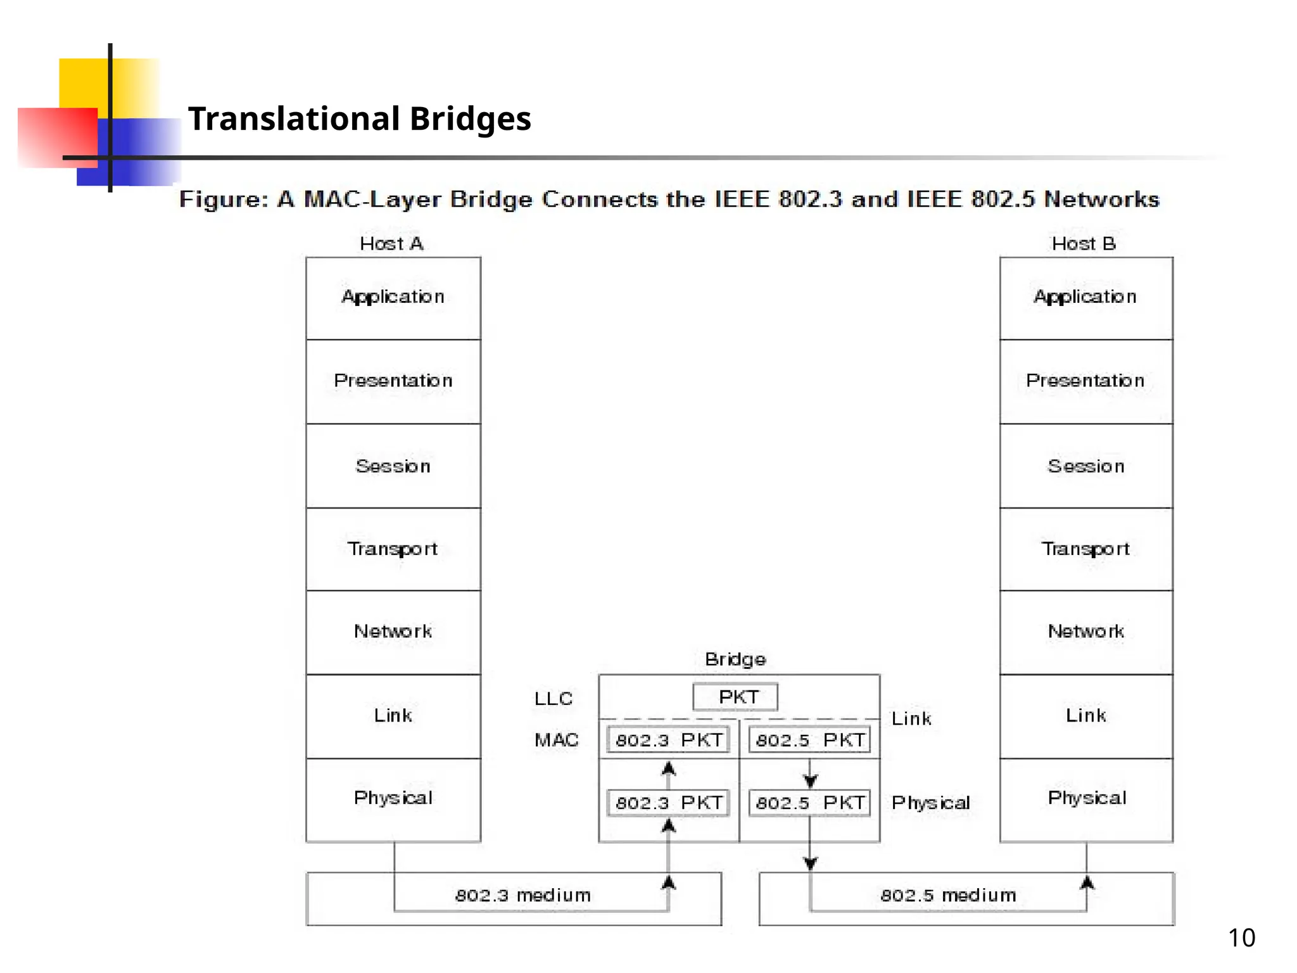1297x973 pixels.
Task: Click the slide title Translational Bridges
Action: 359,118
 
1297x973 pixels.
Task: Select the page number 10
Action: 1241,938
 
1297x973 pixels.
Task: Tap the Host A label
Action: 391,244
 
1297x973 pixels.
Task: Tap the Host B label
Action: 1083,244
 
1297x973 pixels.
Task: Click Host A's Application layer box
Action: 393,298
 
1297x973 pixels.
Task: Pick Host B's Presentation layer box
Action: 1085,381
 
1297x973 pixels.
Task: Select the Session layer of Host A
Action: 393,466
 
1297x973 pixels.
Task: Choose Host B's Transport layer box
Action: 1085,549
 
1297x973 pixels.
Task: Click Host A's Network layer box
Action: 393,632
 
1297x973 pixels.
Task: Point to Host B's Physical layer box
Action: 1085,799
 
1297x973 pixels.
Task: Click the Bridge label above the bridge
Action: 735,659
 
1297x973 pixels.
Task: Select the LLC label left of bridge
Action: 553,699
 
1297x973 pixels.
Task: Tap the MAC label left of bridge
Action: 556,740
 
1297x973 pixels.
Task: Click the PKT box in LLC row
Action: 735,697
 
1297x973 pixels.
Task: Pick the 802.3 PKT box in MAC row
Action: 668,740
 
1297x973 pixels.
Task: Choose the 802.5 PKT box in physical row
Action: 809,803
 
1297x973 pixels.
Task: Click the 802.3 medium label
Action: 522,895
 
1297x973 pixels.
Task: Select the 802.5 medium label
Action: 947,895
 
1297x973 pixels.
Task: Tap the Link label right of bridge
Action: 911,719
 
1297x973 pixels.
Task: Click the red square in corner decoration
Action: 57,137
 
